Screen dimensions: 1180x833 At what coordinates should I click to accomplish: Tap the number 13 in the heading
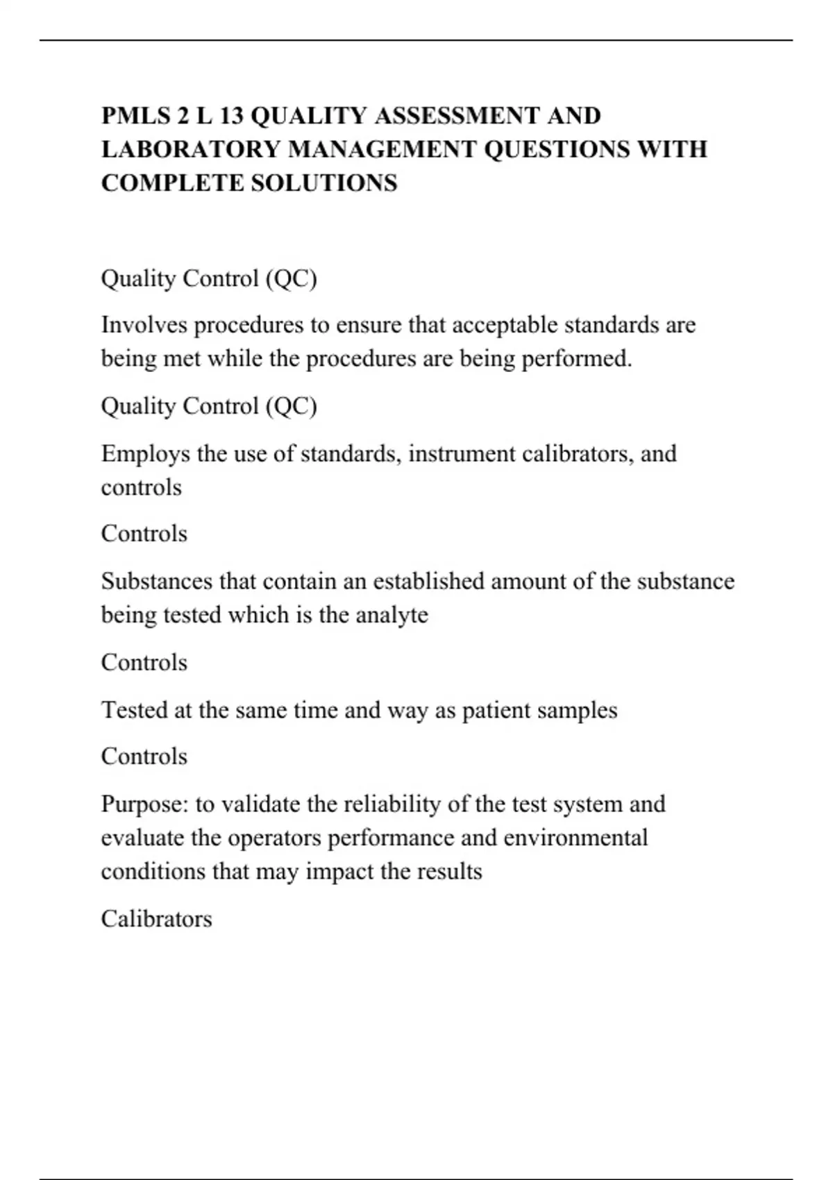coord(231,115)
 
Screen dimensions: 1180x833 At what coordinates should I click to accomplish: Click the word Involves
coord(144,325)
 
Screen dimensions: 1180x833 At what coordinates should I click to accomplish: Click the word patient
coord(496,711)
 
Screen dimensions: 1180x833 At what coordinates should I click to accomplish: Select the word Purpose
coord(144,804)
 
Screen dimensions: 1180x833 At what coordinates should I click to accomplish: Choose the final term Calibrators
coord(156,919)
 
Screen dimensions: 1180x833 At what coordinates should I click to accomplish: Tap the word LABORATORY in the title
coord(191,149)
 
